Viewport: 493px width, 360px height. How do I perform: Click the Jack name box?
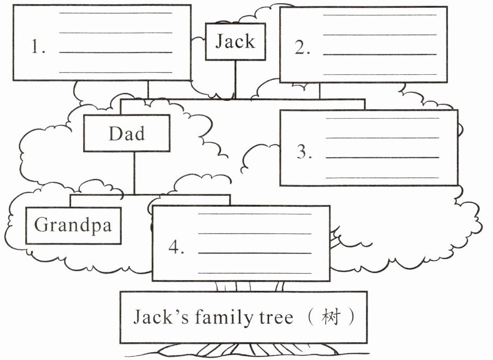pyautogui.click(x=235, y=41)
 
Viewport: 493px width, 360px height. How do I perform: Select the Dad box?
pyautogui.click(x=127, y=134)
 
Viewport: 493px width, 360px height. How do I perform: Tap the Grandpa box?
pyautogui.click(x=73, y=225)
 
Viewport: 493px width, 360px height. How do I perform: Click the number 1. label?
pyautogui.click(x=38, y=48)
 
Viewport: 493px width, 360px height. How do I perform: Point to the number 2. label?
pyautogui.click(x=303, y=48)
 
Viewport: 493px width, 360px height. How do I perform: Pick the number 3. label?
pyautogui.click(x=304, y=152)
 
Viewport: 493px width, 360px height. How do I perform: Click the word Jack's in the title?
pyautogui.click(x=156, y=317)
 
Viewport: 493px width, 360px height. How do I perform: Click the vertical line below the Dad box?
pyautogui.click(x=134, y=173)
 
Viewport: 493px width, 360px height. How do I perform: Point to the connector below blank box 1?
pyautogui.click(x=148, y=89)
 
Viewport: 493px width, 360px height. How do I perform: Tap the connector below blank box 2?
pyautogui.click(x=319, y=91)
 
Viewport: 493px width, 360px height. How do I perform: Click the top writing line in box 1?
pyautogui.click(x=116, y=13)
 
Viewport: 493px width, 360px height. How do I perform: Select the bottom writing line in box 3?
pyautogui.click(x=382, y=177)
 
